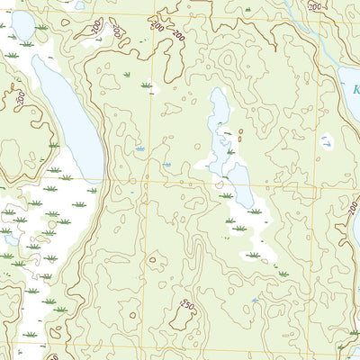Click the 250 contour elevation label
click(187, 305)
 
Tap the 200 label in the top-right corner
click(313, 6)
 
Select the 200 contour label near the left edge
click(20, 96)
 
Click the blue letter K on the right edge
click(355, 91)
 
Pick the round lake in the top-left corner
click(22, 27)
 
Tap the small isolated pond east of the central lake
click(326, 141)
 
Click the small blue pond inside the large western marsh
click(11, 239)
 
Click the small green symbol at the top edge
click(247, 9)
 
